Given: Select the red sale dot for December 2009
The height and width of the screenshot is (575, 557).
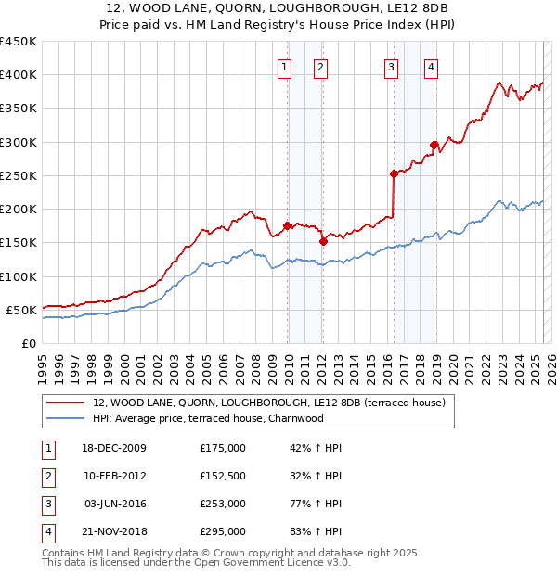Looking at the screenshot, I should tap(287, 225).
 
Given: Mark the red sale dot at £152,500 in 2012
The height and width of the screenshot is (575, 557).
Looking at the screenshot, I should tap(323, 241).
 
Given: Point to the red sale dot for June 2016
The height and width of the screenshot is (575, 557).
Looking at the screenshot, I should tap(394, 173).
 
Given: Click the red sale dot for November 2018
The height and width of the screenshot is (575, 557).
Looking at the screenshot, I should tap(434, 145).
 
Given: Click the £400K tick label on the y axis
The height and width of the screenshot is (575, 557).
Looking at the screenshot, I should tap(18, 75).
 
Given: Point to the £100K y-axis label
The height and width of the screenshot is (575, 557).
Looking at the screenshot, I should tap(18, 276).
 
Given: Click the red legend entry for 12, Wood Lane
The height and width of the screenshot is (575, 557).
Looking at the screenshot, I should tap(269, 402).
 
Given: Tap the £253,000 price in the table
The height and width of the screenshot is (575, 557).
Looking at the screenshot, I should tap(223, 505).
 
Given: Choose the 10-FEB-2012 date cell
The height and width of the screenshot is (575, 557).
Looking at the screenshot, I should tap(115, 476).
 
